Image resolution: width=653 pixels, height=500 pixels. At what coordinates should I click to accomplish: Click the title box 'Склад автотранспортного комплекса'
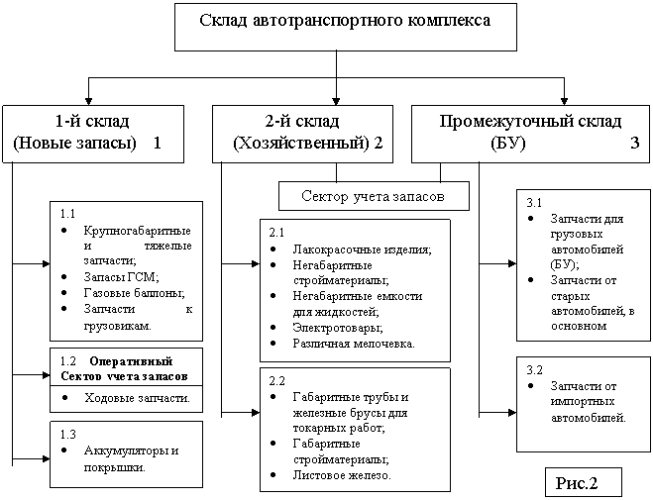[346, 28]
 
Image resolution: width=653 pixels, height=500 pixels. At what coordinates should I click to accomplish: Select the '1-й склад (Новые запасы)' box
[93, 134]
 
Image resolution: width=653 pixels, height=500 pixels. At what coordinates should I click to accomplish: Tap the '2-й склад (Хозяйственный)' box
[303, 134]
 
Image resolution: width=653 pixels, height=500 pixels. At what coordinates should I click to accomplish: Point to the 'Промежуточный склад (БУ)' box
[530, 134]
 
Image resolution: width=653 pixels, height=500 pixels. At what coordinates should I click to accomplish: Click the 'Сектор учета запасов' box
[374, 196]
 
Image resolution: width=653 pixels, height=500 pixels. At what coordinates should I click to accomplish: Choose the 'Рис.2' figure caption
[583, 482]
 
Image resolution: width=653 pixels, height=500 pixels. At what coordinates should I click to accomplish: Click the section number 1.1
[68, 214]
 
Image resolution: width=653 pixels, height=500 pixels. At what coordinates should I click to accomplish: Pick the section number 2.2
[277, 380]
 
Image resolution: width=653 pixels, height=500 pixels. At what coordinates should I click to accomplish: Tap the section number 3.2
[535, 369]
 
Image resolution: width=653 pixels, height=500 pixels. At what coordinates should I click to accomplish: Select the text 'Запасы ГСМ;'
[121, 277]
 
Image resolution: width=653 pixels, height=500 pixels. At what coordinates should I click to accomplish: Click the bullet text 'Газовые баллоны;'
[134, 293]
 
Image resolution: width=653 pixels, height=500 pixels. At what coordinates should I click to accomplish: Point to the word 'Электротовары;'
[338, 328]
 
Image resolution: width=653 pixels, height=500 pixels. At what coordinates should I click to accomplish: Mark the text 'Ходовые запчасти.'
[137, 398]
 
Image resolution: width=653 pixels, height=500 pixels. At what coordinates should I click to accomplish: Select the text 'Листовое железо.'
[342, 475]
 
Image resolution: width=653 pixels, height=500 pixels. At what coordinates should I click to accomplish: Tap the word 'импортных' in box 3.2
[583, 402]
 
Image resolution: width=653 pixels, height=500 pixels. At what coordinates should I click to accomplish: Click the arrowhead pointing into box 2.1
[255, 263]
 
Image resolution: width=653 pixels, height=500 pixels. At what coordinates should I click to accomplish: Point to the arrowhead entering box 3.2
[512, 413]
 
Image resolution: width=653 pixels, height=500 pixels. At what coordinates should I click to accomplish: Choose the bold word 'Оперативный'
[131, 361]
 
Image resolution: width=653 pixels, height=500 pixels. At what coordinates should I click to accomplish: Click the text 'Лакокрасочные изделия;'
[362, 250]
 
